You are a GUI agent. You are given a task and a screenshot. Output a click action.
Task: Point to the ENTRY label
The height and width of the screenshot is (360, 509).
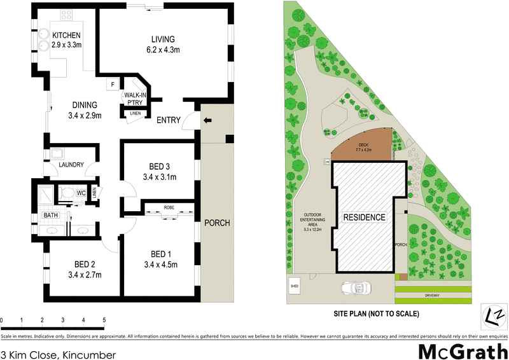click(169, 120)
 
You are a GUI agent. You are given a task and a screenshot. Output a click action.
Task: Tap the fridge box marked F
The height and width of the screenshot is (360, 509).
click(113, 84)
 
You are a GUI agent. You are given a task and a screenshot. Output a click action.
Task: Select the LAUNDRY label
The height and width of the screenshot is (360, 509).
click(71, 165)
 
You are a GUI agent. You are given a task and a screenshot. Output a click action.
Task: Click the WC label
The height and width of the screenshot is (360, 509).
click(81, 192)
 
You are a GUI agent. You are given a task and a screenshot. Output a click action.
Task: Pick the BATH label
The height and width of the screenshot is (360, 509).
click(51, 216)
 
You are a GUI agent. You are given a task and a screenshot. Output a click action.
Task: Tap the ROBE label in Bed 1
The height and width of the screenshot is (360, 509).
click(169, 207)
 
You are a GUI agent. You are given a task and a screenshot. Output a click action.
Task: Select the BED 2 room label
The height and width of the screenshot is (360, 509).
click(85, 269)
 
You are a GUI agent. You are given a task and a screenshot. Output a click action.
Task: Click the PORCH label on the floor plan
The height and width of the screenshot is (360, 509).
click(217, 223)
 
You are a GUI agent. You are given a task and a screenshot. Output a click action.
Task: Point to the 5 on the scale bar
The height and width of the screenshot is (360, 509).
click(104, 320)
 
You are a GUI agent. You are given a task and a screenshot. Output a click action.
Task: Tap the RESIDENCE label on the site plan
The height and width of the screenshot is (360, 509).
click(365, 217)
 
